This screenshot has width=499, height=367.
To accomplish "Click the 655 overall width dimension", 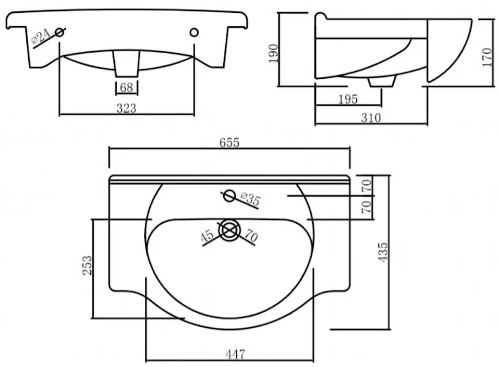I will pos(230,142).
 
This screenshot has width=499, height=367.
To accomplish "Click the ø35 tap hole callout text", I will pos(250,199).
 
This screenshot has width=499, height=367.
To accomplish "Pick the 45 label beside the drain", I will pos(207,236).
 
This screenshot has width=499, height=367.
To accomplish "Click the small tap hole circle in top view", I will pos(228,195).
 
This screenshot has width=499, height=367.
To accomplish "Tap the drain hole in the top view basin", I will pos(229,230).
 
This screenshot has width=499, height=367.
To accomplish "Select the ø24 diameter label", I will pos(41,37).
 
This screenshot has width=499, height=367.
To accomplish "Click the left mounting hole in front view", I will pos(60,32).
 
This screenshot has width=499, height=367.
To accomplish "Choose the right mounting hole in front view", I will pos(194,32).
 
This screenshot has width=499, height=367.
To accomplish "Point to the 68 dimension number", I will pos(126,88).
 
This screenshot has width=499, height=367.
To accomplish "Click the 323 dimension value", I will pos(126,108).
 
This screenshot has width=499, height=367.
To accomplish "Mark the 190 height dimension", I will pos(273,53).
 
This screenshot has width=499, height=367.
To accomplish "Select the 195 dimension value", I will pos(348,99).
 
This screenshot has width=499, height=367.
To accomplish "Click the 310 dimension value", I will pos(371,117).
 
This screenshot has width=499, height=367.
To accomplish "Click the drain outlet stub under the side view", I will pos(382,81).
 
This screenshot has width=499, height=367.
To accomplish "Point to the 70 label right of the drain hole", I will pos(251,236).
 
